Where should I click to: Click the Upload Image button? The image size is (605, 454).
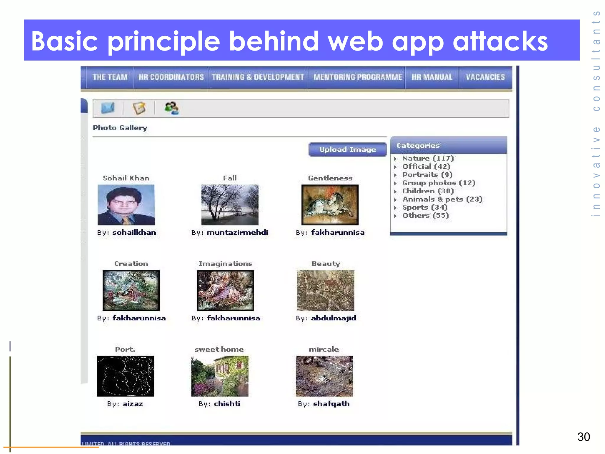[347, 150]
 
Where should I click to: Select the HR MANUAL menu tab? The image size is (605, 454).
[432, 77]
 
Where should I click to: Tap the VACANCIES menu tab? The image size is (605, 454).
[485, 77]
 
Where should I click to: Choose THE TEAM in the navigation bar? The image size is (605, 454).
[110, 77]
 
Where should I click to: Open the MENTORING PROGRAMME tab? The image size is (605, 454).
[357, 77]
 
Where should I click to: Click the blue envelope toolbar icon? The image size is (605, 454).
[108, 108]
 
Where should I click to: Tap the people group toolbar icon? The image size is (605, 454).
[171, 108]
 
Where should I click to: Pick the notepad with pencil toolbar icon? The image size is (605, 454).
[139, 108]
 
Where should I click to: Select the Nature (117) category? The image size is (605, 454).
[428, 158]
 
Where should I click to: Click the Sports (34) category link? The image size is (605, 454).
[425, 207]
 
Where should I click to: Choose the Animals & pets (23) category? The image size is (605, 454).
[442, 199]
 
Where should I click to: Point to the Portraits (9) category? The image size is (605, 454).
[427, 175]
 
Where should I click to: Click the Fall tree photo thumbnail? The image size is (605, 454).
[230, 205]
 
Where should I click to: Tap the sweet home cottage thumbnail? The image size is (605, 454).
[220, 376]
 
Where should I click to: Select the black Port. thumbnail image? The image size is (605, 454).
[126, 376]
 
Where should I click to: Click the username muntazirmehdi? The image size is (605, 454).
[237, 233]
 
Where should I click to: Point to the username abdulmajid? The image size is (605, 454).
[333, 318]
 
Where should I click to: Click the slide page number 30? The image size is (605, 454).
[583, 437]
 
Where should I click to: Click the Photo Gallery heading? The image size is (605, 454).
[120, 128]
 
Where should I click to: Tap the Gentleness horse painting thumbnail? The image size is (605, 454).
[330, 205]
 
